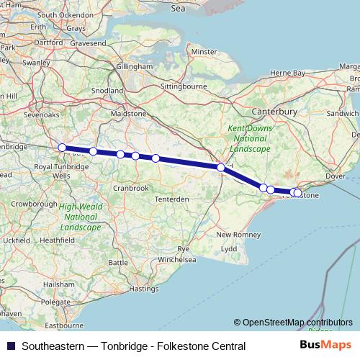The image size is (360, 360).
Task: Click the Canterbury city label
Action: (x=274, y=112)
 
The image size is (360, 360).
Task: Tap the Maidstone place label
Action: (x=130, y=114)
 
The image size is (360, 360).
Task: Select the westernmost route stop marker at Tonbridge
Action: (x=62, y=148)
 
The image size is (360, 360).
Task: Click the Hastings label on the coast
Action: (x=143, y=289)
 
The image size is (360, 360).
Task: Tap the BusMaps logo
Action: (x=325, y=346)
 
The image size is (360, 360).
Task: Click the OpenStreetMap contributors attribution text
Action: (x=293, y=323)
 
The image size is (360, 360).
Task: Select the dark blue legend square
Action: (x=9, y=346)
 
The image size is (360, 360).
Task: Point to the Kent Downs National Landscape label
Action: (x=247, y=138)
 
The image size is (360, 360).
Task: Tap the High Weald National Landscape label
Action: (x=80, y=216)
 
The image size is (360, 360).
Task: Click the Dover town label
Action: (x=336, y=176)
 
